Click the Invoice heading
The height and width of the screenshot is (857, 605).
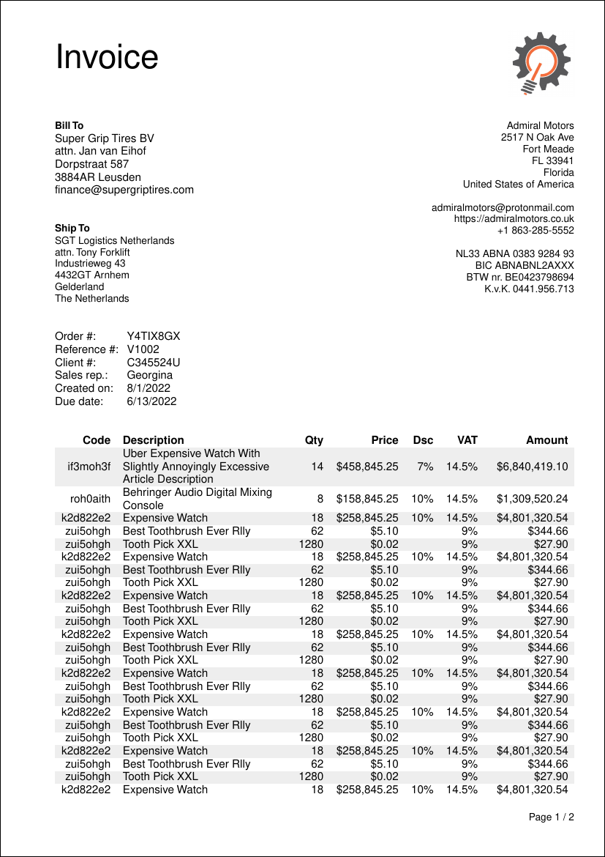pyautogui.click(x=107, y=57)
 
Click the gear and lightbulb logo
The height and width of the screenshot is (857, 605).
pyautogui.click(x=541, y=63)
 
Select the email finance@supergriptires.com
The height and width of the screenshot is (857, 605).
pyautogui.click(x=124, y=190)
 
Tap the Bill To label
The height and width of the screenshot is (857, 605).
pyautogui.click(x=69, y=126)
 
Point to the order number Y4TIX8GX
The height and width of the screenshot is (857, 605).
pyautogui.click(x=154, y=336)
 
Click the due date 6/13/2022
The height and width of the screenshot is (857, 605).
pyautogui.click(x=151, y=401)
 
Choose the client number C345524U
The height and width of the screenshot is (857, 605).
pyautogui.click(x=154, y=363)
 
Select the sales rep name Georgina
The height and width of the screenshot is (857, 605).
pyautogui.click(x=150, y=375)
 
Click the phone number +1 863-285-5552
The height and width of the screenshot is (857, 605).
pyautogui.click(x=536, y=230)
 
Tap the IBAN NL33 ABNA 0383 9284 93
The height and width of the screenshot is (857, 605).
pyautogui.click(x=515, y=253)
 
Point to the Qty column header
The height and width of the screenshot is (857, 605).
pyautogui.click(x=314, y=440)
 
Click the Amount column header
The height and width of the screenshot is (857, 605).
pyautogui.click(x=546, y=440)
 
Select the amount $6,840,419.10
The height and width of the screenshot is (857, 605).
pyautogui.click(x=532, y=467)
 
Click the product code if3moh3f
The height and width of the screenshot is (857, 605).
pyautogui.click(x=89, y=467)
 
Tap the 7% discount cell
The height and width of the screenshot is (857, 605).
pyautogui.click(x=425, y=467)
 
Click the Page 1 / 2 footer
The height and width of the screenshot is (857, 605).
pyautogui.click(x=551, y=817)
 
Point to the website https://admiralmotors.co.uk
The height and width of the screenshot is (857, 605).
pyautogui.click(x=514, y=218)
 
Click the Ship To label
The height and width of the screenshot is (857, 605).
pyautogui.click(x=72, y=229)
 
